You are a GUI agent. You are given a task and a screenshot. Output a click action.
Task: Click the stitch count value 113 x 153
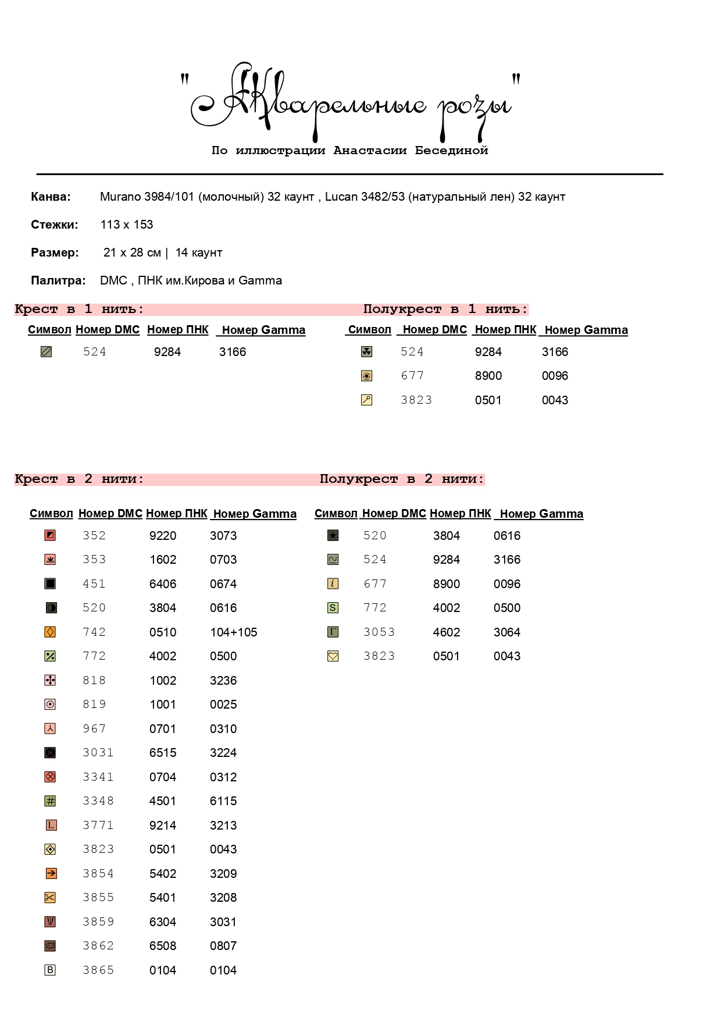pyautogui.click(x=126, y=225)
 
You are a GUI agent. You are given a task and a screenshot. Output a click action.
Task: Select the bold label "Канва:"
pyautogui.click(x=51, y=197)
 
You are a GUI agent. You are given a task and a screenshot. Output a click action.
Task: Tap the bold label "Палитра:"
pyautogui.click(x=58, y=280)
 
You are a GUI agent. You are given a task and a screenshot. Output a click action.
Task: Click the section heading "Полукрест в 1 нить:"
pyautogui.click(x=445, y=309)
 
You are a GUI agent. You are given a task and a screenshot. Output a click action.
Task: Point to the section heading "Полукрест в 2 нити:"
pyautogui.click(x=402, y=479)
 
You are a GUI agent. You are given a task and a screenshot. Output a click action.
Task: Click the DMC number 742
pyautogui.click(x=94, y=632)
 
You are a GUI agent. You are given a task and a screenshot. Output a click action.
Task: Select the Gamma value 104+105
pyautogui.click(x=233, y=632)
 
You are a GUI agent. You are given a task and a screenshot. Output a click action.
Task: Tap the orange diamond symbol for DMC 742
pyautogui.click(x=51, y=632)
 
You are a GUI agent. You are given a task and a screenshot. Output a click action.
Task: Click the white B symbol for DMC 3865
pyautogui.click(x=50, y=970)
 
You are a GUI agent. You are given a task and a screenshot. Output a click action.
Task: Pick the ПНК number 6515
pyautogui.click(x=163, y=753)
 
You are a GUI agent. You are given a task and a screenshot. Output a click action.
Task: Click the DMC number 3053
pyautogui.click(x=379, y=632)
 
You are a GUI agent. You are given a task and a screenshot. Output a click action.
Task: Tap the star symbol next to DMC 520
pyautogui.click(x=333, y=535)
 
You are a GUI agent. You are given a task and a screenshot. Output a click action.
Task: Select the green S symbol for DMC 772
pyautogui.click(x=333, y=608)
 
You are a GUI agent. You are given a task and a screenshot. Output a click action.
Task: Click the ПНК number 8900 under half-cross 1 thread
pyautogui.click(x=488, y=376)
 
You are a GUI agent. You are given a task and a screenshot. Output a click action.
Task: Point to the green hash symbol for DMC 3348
pyautogui.click(x=51, y=801)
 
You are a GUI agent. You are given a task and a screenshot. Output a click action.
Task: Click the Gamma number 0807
pyautogui.click(x=223, y=946)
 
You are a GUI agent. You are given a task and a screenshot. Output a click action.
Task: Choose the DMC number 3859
pyautogui.click(x=98, y=922)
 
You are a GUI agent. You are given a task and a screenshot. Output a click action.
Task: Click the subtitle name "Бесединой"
pyautogui.click(x=451, y=151)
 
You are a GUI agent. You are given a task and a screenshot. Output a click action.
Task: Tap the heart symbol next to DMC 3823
pyautogui.click(x=333, y=656)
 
